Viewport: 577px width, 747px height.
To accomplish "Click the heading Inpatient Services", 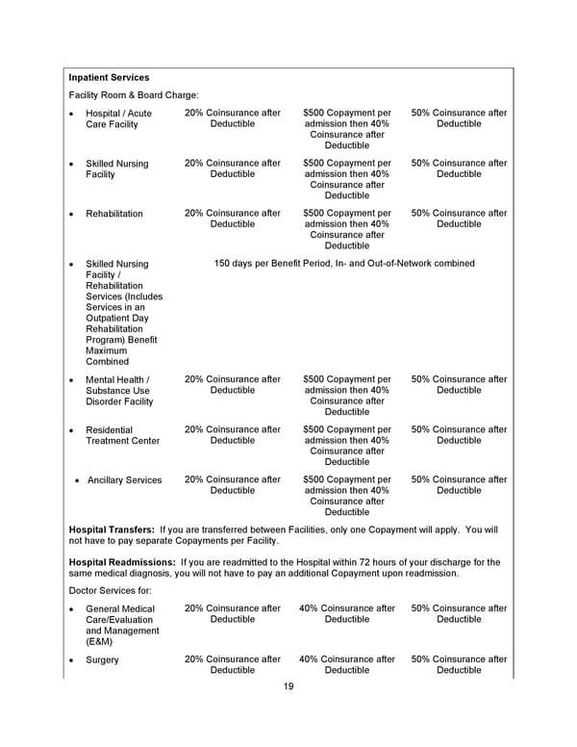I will [x=109, y=77].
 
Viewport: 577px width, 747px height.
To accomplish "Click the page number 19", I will [x=288, y=686].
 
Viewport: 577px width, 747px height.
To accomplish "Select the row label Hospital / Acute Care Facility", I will [x=118, y=119].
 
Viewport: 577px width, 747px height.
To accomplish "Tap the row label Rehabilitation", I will [x=113, y=214].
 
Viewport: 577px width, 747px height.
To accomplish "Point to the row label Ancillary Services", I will [x=124, y=479].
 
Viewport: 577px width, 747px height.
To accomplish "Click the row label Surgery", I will [x=102, y=660].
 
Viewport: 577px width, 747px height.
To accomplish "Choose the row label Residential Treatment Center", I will [x=122, y=435].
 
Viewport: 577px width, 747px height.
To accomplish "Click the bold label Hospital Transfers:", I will [x=112, y=529].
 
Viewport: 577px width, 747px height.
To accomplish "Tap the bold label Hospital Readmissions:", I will [x=122, y=562].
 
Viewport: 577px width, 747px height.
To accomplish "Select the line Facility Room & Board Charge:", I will [x=134, y=95].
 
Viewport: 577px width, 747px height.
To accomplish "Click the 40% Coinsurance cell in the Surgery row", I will [x=346, y=665].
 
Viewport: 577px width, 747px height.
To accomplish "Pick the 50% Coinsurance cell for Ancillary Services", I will [x=459, y=485].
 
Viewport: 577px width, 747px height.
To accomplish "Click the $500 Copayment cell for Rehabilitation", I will [x=346, y=229].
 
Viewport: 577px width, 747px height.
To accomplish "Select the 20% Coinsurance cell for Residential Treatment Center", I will [x=233, y=435].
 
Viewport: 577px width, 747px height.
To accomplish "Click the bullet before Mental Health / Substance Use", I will [x=72, y=380].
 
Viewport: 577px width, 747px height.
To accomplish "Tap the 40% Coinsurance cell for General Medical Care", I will [x=346, y=614].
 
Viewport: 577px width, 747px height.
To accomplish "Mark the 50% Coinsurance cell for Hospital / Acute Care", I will [x=459, y=118].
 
